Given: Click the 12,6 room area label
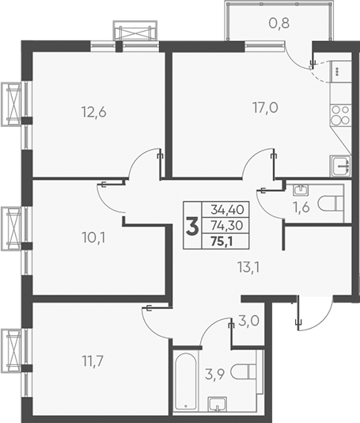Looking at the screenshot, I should pos(93,112).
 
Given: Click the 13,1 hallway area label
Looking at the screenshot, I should pos(248,266).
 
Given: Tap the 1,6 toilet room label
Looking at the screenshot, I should pos(301,210).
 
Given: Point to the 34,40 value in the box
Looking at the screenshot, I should pos(227,211).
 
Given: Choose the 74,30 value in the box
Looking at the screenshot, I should pos(227,225).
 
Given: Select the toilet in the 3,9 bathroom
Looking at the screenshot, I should pos(248,372).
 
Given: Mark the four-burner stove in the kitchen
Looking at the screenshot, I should pos(339,116).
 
